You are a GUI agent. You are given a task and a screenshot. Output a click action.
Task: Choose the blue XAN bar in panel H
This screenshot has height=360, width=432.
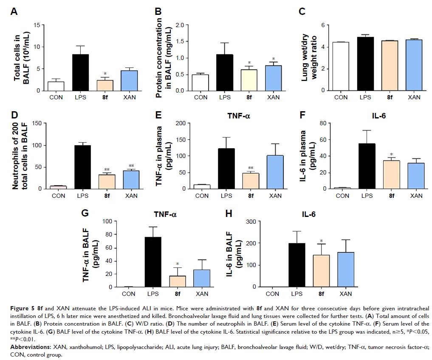(346, 270)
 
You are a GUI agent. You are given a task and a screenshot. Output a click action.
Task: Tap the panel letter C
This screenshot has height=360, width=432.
(302, 11)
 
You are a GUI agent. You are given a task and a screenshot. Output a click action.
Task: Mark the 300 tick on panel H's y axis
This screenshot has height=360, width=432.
(251, 221)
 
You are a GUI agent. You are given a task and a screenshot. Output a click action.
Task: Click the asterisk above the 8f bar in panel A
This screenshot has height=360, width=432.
(104, 74)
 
